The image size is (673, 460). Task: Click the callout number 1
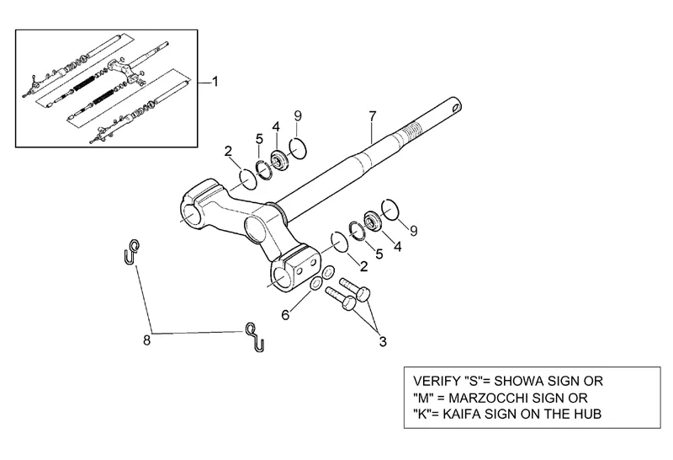215,82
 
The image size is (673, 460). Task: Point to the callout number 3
383,342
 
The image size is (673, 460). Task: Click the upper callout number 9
297,115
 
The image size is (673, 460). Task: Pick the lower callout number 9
413,229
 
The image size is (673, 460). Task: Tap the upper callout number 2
227,151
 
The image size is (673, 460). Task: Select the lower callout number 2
364,266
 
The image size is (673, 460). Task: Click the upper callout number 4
275,127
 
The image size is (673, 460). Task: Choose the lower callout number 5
379,253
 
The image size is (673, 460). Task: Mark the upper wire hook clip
132,251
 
